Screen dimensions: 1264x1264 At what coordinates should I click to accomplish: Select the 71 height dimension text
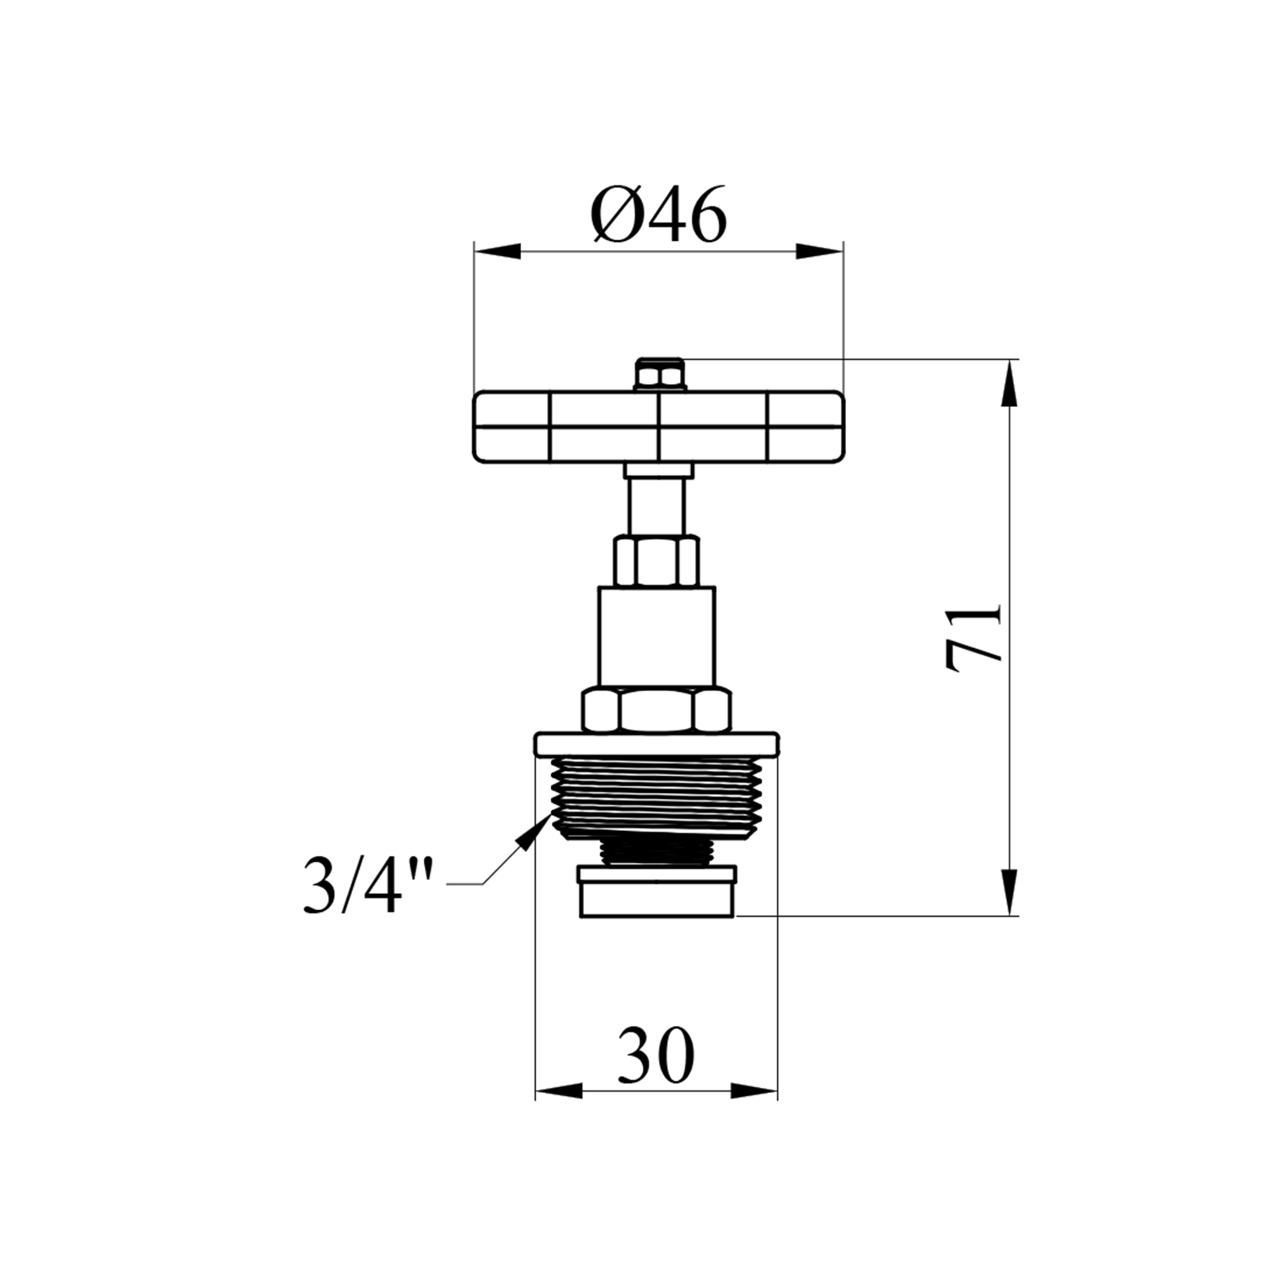tap(973, 637)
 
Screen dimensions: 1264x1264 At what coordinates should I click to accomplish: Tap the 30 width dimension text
tap(656, 1054)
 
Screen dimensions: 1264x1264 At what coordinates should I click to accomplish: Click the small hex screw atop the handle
tap(660, 373)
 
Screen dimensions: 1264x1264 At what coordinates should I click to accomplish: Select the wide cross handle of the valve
tap(658, 426)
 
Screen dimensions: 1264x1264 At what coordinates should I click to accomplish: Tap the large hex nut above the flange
tap(656, 710)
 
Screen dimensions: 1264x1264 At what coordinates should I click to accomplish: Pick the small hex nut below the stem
tap(657, 560)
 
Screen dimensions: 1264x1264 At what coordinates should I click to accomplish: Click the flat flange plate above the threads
tap(656, 744)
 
